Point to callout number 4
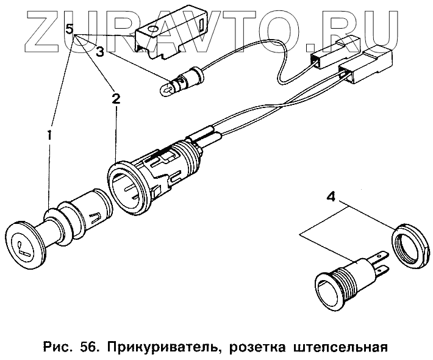click(331, 197)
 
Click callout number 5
click(70, 29)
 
